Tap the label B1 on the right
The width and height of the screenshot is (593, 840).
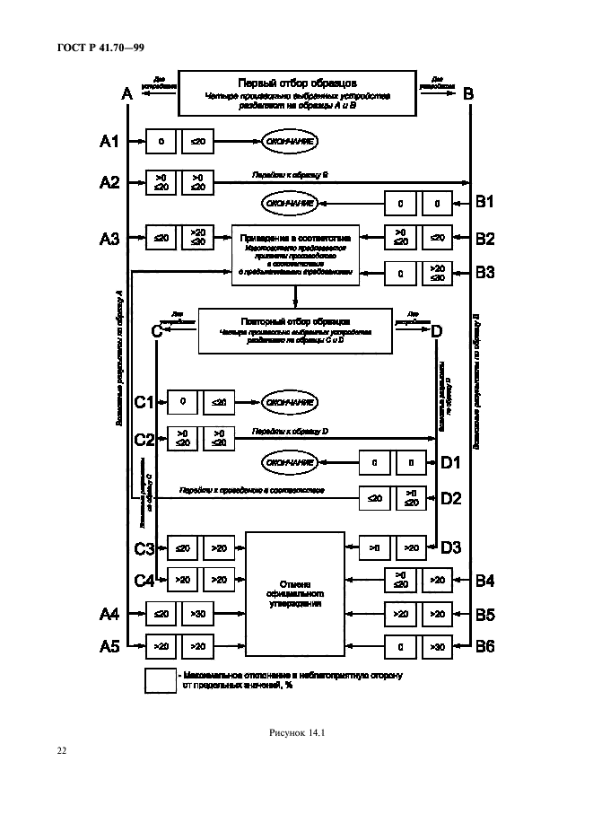click(x=484, y=203)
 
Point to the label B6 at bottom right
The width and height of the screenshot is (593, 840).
click(x=484, y=644)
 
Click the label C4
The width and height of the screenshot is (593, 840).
click(x=144, y=581)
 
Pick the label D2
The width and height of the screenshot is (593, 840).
click(x=450, y=497)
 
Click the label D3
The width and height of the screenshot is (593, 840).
click(x=450, y=547)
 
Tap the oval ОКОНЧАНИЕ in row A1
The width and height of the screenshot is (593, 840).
click(x=290, y=141)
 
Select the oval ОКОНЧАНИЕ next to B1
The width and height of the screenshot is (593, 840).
click(x=290, y=203)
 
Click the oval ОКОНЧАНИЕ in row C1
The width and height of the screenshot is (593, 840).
click(x=290, y=403)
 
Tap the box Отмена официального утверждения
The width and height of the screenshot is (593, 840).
click(x=295, y=593)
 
